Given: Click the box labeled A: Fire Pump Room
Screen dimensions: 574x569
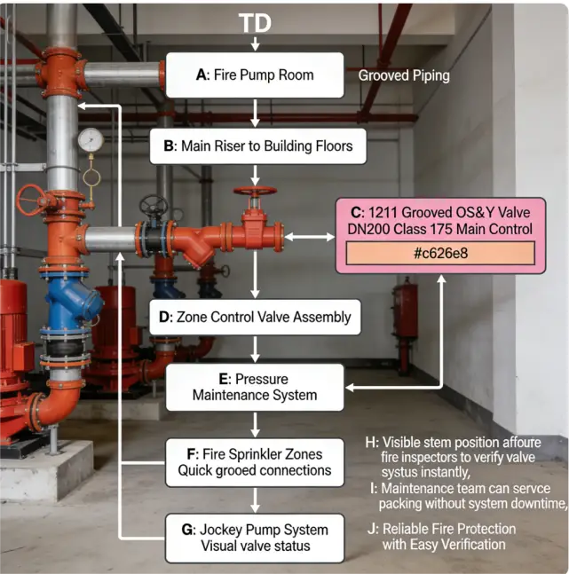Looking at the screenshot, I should click(256, 75).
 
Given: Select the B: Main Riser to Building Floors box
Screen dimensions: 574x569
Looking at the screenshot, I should click(257, 146).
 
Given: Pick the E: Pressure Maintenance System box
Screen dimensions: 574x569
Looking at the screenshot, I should click(256, 386).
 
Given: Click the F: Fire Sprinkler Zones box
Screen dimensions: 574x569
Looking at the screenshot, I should click(255, 462).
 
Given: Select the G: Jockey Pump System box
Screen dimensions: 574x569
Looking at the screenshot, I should click(255, 538).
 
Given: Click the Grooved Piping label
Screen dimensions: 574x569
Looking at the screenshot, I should click(404, 76).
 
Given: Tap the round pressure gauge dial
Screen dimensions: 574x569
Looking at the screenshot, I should click(90, 140).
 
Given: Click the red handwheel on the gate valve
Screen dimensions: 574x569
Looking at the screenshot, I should click(255, 192).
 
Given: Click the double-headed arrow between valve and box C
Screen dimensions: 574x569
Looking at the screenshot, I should click(309, 237).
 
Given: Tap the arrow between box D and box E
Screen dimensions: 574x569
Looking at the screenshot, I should click(256, 350).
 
